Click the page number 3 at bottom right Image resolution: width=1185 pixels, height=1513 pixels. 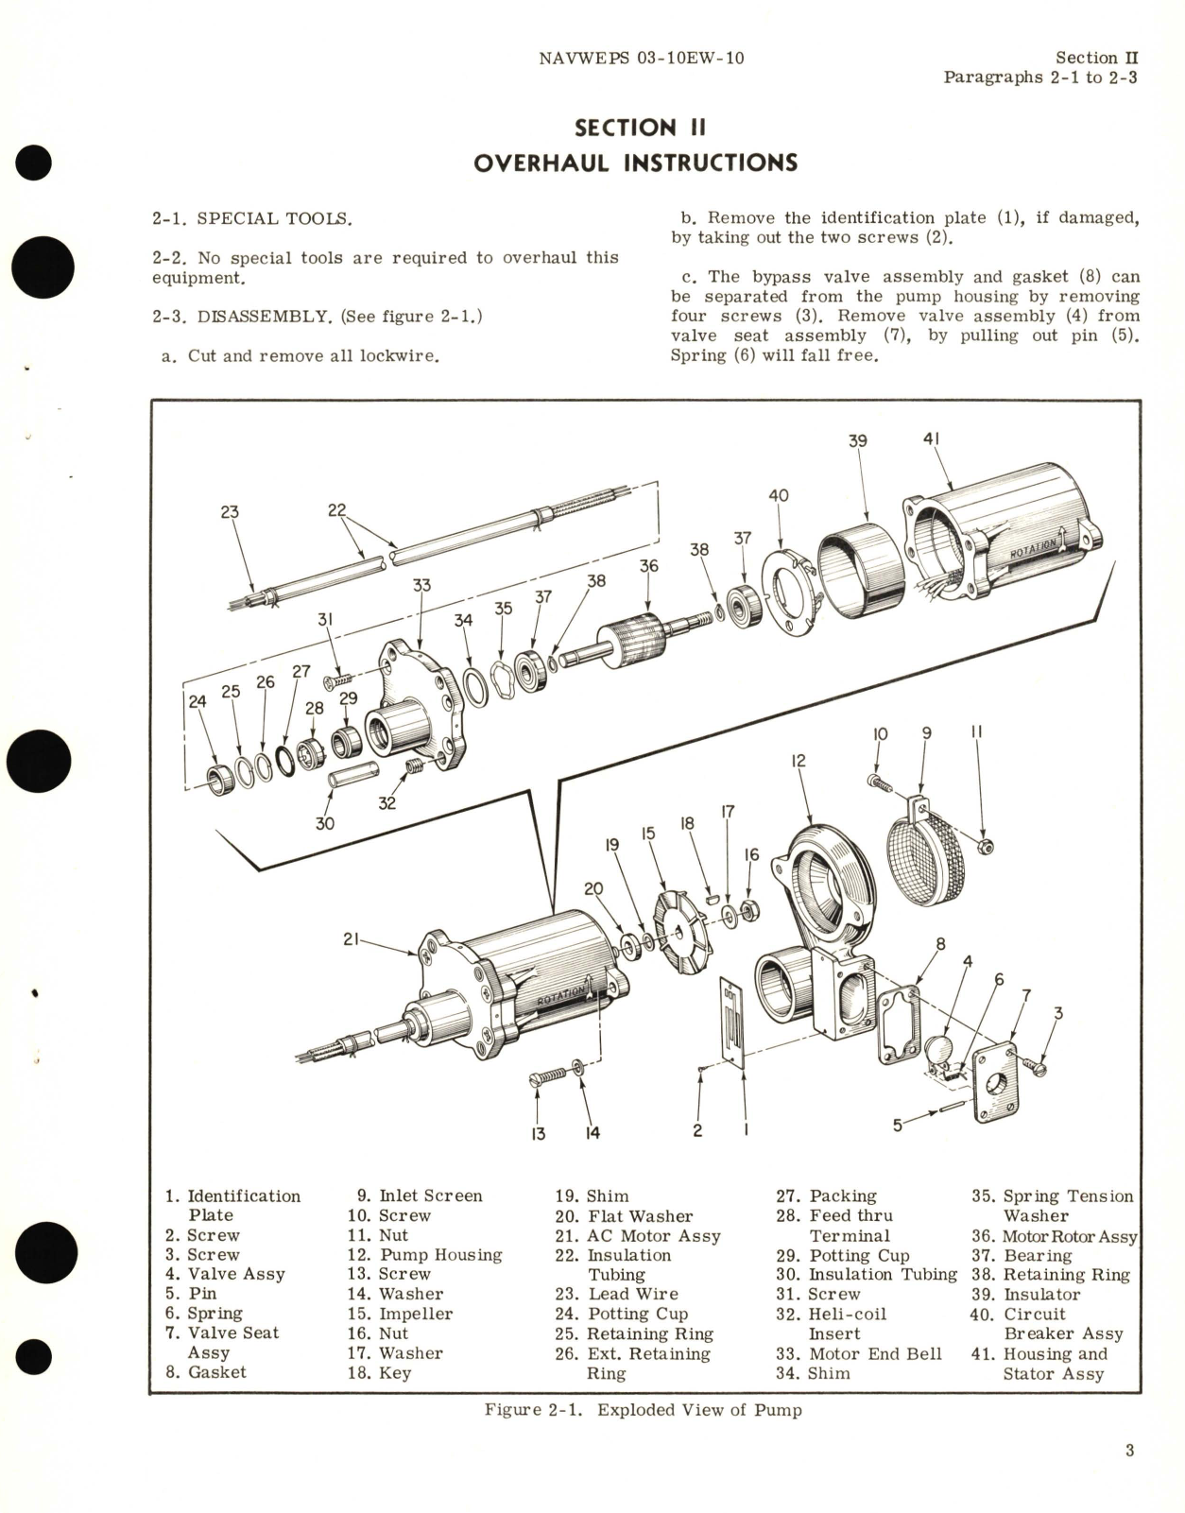(x=1129, y=1451)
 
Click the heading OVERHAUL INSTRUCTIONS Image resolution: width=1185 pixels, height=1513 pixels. (x=635, y=163)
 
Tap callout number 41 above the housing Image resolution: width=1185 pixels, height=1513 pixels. (x=931, y=438)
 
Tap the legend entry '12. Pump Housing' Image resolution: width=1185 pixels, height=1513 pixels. (x=425, y=1255)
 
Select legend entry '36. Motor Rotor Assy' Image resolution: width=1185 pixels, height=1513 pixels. (x=1055, y=1236)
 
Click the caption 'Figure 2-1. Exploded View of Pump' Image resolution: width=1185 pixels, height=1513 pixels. (x=643, y=1410)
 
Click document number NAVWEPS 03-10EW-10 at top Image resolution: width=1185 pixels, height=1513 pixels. (x=641, y=58)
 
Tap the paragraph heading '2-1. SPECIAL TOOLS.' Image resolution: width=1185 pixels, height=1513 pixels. (x=251, y=218)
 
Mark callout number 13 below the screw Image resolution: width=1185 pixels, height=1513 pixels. (x=538, y=1133)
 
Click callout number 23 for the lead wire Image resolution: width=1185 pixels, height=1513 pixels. (x=230, y=511)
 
